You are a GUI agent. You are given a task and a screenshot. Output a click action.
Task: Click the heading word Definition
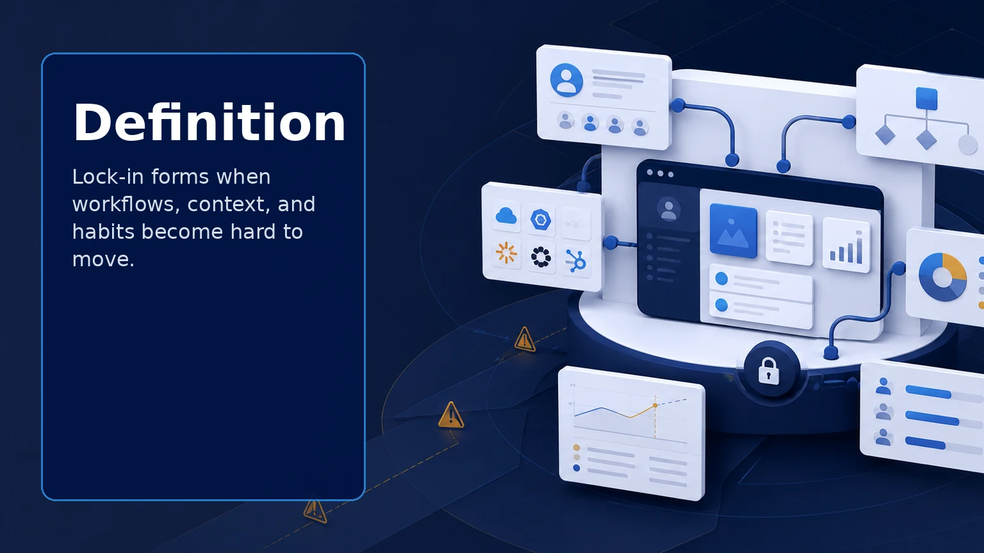[209, 122]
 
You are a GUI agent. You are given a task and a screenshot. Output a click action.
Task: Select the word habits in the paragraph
[103, 231]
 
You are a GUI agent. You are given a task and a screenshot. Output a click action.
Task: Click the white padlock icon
[769, 371]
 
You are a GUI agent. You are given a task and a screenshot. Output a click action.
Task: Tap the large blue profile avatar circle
[566, 80]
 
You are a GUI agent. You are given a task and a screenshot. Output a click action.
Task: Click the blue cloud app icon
[506, 216]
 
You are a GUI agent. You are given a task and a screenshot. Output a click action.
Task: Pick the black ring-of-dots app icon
[540, 257]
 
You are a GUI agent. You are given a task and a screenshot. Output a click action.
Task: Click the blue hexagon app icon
[540, 220]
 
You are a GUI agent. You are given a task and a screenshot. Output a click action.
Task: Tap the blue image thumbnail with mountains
[733, 230]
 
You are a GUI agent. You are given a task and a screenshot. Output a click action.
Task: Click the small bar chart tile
[846, 244]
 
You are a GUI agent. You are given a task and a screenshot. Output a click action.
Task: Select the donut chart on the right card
[942, 277]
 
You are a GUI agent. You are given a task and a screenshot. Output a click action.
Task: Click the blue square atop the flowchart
[926, 99]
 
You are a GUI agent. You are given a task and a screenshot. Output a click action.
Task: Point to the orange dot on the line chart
[655, 405]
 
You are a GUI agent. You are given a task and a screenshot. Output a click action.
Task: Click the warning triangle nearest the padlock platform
[525, 339]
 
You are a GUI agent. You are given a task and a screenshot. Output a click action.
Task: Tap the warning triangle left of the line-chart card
[451, 415]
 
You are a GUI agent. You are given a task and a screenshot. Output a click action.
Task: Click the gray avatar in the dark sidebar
[669, 209]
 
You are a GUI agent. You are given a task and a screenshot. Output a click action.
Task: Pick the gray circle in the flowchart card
[967, 145]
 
